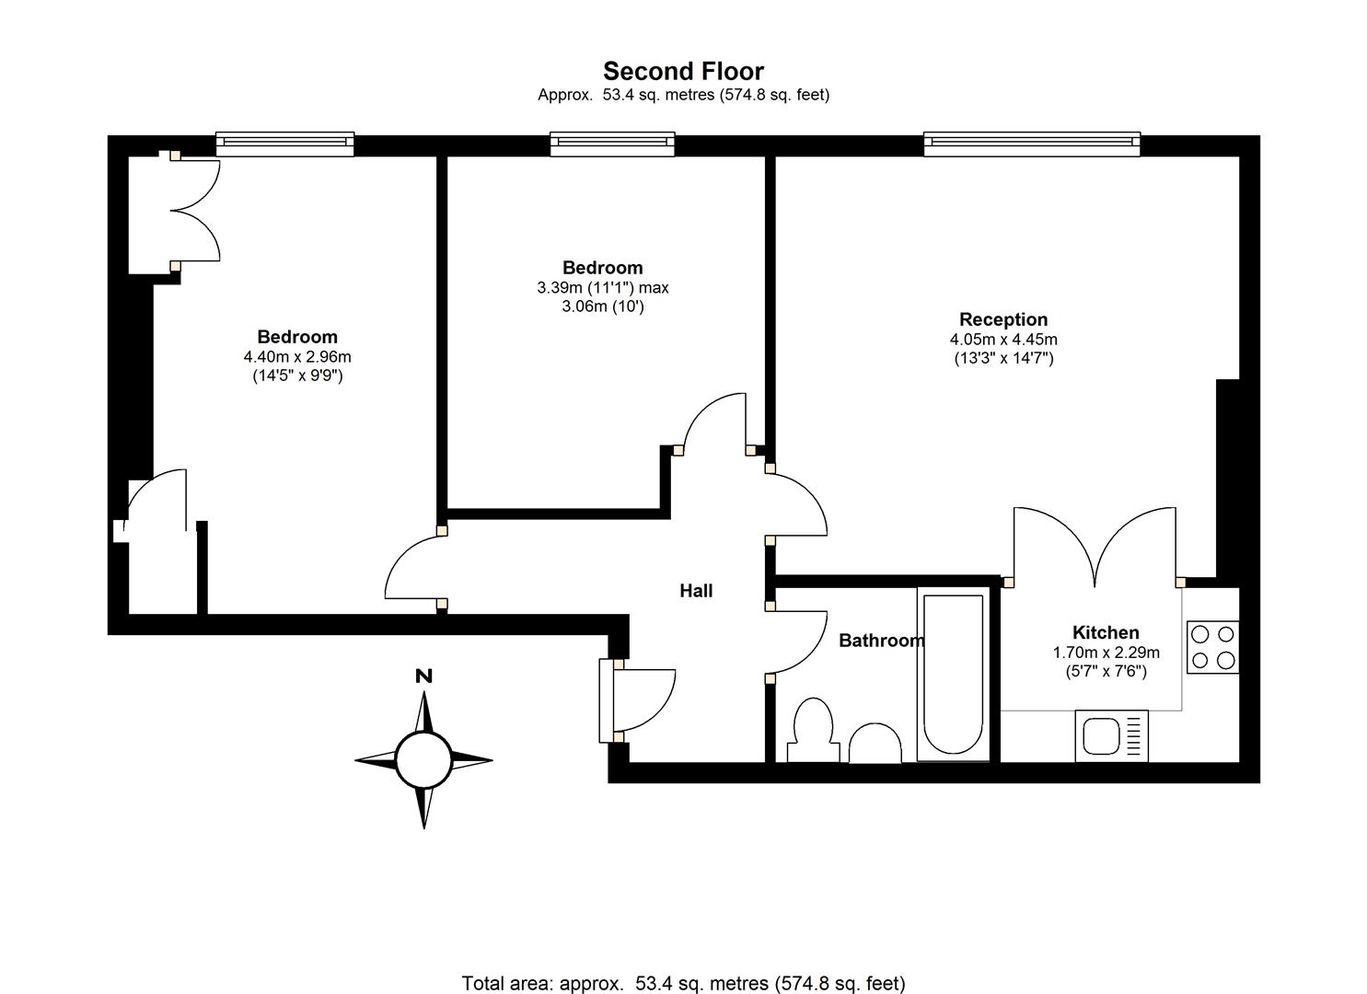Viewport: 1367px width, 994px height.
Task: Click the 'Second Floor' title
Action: [x=683, y=72]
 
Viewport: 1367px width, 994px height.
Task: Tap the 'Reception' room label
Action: [x=1003, y=319]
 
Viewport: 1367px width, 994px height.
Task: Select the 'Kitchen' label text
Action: [x=1106, y=632]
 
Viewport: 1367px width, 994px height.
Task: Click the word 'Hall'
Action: [x=696, y=590]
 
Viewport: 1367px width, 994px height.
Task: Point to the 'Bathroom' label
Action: [x=881, y=640]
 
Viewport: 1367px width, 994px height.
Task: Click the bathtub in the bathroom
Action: [x=953, y=675]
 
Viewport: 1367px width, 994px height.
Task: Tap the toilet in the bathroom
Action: [x=813, y=730]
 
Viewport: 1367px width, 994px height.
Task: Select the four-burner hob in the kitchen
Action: [x=1212, y=647]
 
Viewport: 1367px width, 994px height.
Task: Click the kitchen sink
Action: [x=1111, y=736]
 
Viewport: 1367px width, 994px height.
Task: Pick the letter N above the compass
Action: [x=423, y=676]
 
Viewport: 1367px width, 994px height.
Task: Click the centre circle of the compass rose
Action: [x=423, y=760]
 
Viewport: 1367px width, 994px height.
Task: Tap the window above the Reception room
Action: [x=1031, y=144]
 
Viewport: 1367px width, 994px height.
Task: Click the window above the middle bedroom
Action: [x=612, y=144]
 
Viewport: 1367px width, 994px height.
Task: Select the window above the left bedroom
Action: [x=285, y=144]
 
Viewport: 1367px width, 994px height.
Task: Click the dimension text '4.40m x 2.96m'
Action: [x=297, y=356]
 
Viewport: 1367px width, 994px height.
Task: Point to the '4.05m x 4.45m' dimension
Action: [x=1003, y=340]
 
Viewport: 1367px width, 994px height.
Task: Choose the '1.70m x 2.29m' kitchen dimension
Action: [x=1106, y=653]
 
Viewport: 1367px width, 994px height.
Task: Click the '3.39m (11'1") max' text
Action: [x=603, y=287]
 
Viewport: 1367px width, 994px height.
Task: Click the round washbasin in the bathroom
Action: [x=875, y=744]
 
